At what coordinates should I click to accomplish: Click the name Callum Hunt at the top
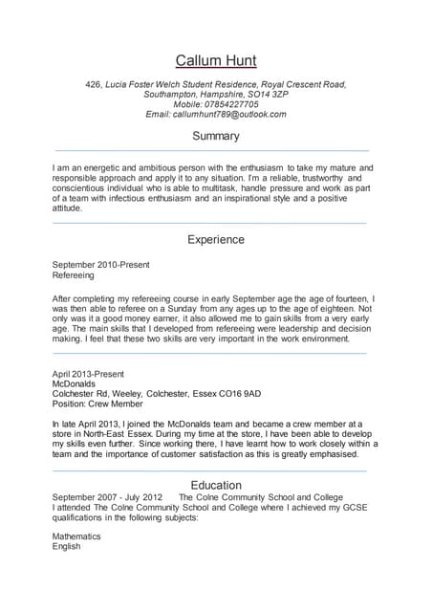click(x=216, y=60)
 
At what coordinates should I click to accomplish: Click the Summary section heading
click(x=216, y=137)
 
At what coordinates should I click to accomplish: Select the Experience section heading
click(x=216, y=239)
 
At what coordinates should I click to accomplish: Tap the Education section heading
click(x=216, y=485)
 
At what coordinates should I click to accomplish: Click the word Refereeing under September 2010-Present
click(x=74, y=274)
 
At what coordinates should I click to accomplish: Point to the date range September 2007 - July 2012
click(x=108, y=498)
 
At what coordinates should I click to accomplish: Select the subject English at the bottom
click(x=67, y=548)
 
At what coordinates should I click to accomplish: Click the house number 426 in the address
click(x=93, y=84)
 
